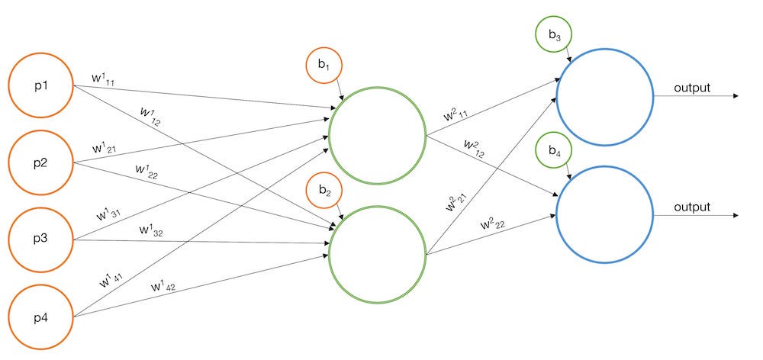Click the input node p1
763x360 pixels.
point(40,86)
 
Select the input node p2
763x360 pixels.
point(40,162)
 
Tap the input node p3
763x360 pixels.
point(40,240)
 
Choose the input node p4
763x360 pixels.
point(40,316)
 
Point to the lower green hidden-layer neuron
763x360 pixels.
point(377,256)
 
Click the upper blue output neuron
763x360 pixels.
point(605,96)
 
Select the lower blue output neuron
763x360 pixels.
point(605,214)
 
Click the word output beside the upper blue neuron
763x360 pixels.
point(692,88)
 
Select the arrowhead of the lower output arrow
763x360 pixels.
point(735,215)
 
